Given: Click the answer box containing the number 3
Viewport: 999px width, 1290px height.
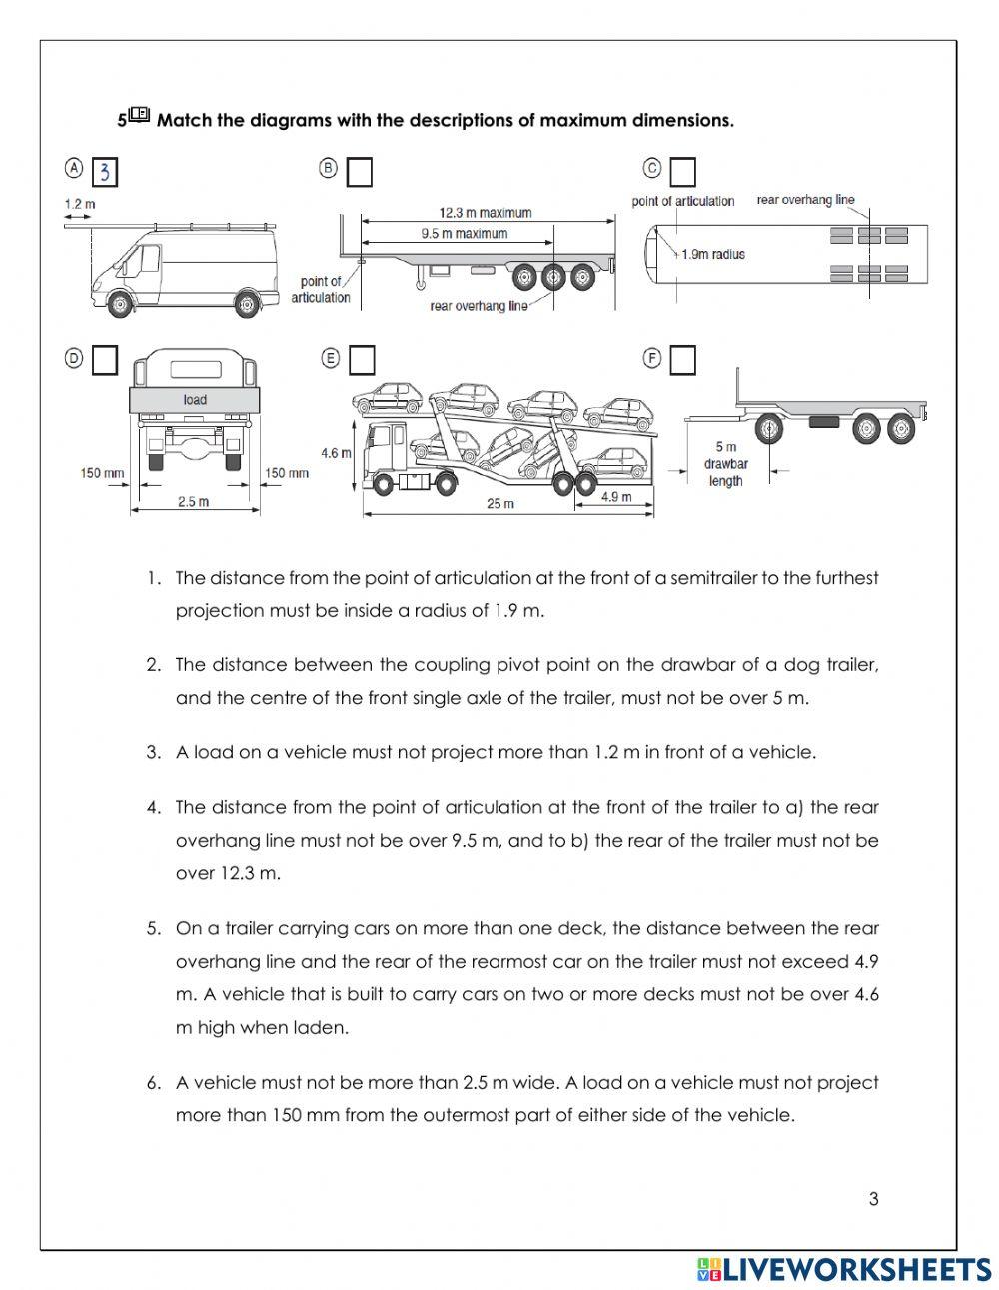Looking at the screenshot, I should point(105,173).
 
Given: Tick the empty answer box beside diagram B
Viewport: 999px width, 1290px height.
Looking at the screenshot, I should point(360,173).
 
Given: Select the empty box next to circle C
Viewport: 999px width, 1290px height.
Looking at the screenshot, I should point(682,173).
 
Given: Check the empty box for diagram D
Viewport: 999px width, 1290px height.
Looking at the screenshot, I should point(105,360).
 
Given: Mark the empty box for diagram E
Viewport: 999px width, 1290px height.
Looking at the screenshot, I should point(362,360).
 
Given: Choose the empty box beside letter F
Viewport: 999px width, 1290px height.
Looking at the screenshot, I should point(682,360).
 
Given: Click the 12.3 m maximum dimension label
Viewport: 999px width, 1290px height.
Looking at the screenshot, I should point(486,213).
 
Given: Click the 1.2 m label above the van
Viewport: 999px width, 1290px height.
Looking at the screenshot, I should point(80,205).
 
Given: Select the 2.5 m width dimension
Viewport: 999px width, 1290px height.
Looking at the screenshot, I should point(193,502).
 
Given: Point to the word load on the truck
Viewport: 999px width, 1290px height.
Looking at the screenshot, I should point(195,400).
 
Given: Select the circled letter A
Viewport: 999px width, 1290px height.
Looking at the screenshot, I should point(73,168).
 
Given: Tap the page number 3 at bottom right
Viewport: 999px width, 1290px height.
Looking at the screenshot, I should point(874,1199).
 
